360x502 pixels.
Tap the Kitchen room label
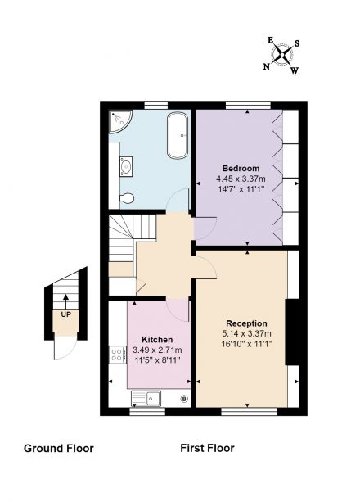click(x=157, y=339)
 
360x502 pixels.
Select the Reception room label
click(x=246, y=323)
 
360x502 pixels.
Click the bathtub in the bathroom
click(x=178, y=135)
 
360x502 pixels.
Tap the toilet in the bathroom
click(x=127, y=198)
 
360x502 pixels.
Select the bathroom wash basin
click(x=126, y=166)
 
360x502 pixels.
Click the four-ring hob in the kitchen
click(x=116, y=355)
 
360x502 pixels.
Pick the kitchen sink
click(x=146, y=399)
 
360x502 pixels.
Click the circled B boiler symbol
click(x=184, y=399)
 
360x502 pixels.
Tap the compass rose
click(x=282, y=55)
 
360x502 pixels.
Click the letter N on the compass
click(x=266, y=66)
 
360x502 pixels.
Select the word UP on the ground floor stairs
click(x=66, y=314)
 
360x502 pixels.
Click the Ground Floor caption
click(x=59, y=448)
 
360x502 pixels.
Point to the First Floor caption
click(x=207, y=448)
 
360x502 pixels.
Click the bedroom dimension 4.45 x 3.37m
click(x=241, y=179)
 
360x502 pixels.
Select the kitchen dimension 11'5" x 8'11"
click(x=157, y=360)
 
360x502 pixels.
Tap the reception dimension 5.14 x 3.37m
click(x=246, y=333)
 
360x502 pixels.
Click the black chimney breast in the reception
click(x=292, y=332)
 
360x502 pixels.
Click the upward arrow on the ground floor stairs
click(x=65, y=301)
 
